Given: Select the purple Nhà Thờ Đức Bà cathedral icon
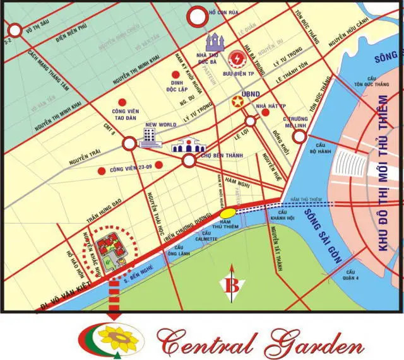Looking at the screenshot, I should click(x=216, y=42).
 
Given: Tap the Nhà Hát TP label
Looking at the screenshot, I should click(x=273, y=106).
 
